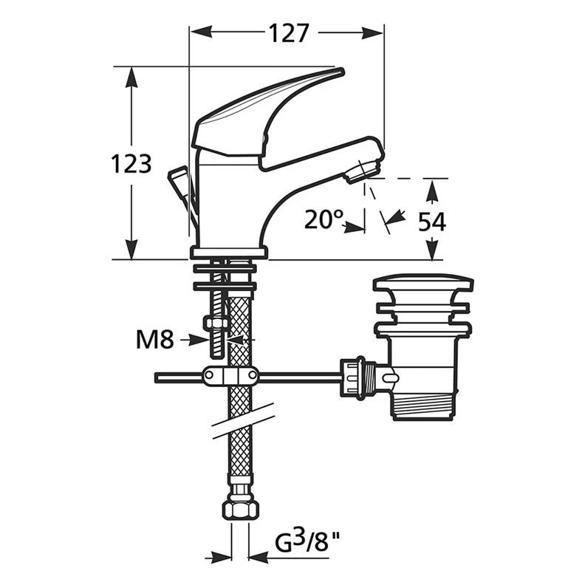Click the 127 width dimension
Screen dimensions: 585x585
coord(289,33)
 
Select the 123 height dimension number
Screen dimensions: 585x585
coord(131,164)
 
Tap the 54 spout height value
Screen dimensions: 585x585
coord(431,222)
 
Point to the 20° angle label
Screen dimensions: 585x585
coord(324,219)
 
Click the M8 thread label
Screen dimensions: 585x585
coord(155,340)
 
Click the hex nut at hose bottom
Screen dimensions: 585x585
coord(241,509)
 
